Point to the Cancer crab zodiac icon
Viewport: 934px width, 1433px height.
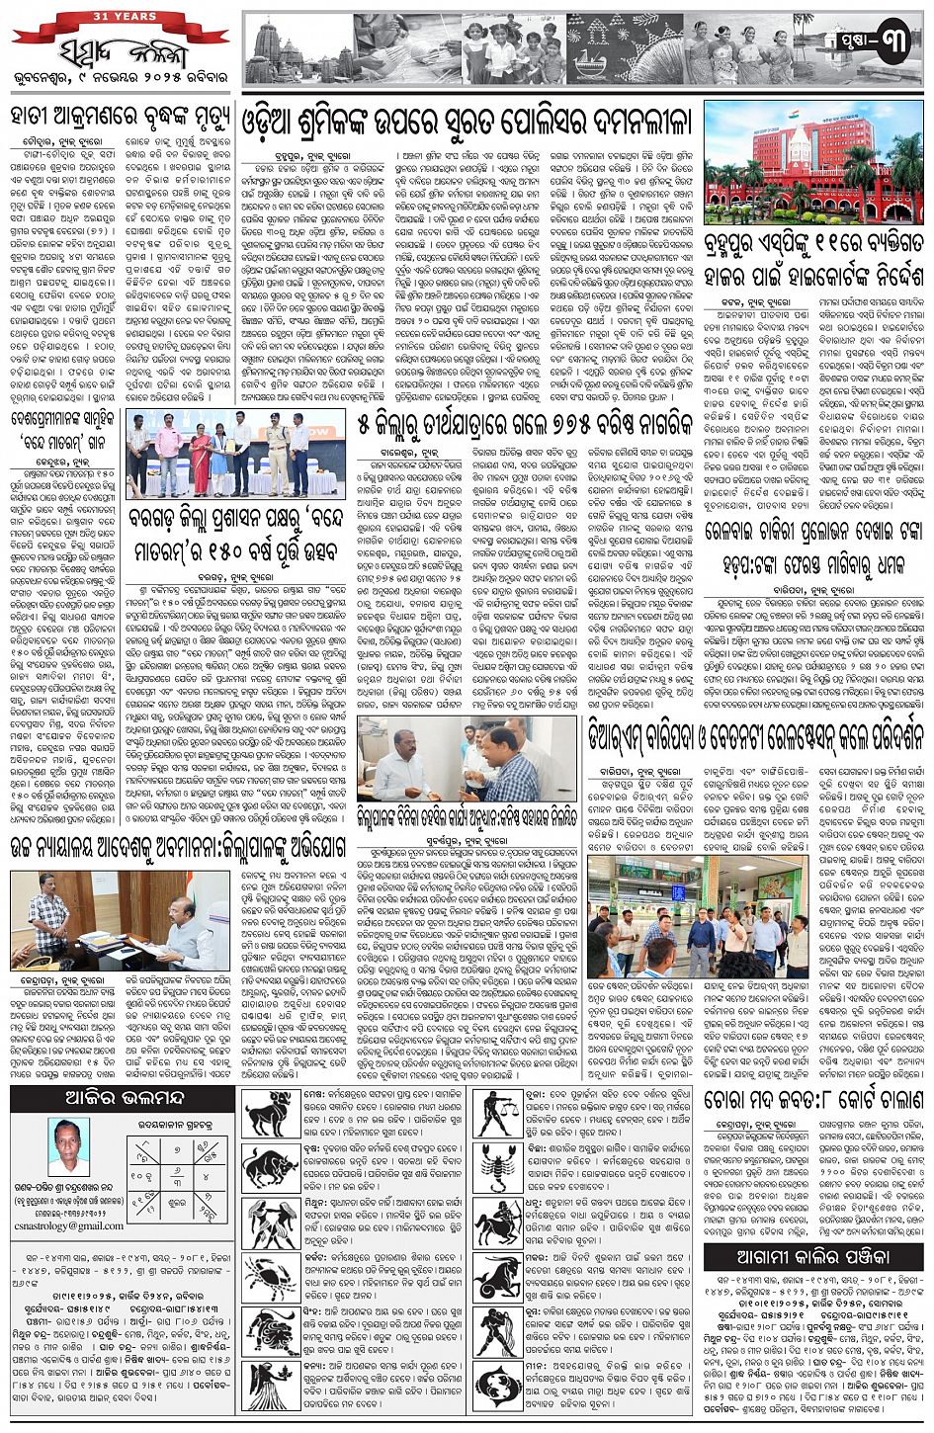269,1278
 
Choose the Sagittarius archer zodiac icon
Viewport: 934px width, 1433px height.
500,1222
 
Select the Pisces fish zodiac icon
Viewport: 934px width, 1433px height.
500,1387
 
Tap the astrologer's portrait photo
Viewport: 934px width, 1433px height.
68,1147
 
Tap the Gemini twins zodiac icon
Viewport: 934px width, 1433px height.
269,1222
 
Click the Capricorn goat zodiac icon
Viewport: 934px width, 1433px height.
500,1278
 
